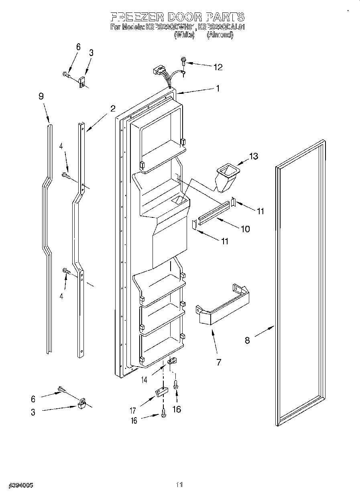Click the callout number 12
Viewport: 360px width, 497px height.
(x=218, y=67)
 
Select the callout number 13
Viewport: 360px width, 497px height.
(x=254, y=156)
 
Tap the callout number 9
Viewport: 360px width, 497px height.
(x=41, y=96)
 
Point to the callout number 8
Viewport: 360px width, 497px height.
(x=247, y=340)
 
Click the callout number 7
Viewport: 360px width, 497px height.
(x=219, y=362)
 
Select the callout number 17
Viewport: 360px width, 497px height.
(x=133, y=410)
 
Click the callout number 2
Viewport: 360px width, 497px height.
(x=113, y=108)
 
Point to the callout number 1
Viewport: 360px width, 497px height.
(x=218, y=89)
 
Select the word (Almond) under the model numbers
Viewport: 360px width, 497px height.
(x=220, y=35)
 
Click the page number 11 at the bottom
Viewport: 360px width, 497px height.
(x=179, y=485)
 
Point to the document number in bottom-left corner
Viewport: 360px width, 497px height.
(x=20, y=485)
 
